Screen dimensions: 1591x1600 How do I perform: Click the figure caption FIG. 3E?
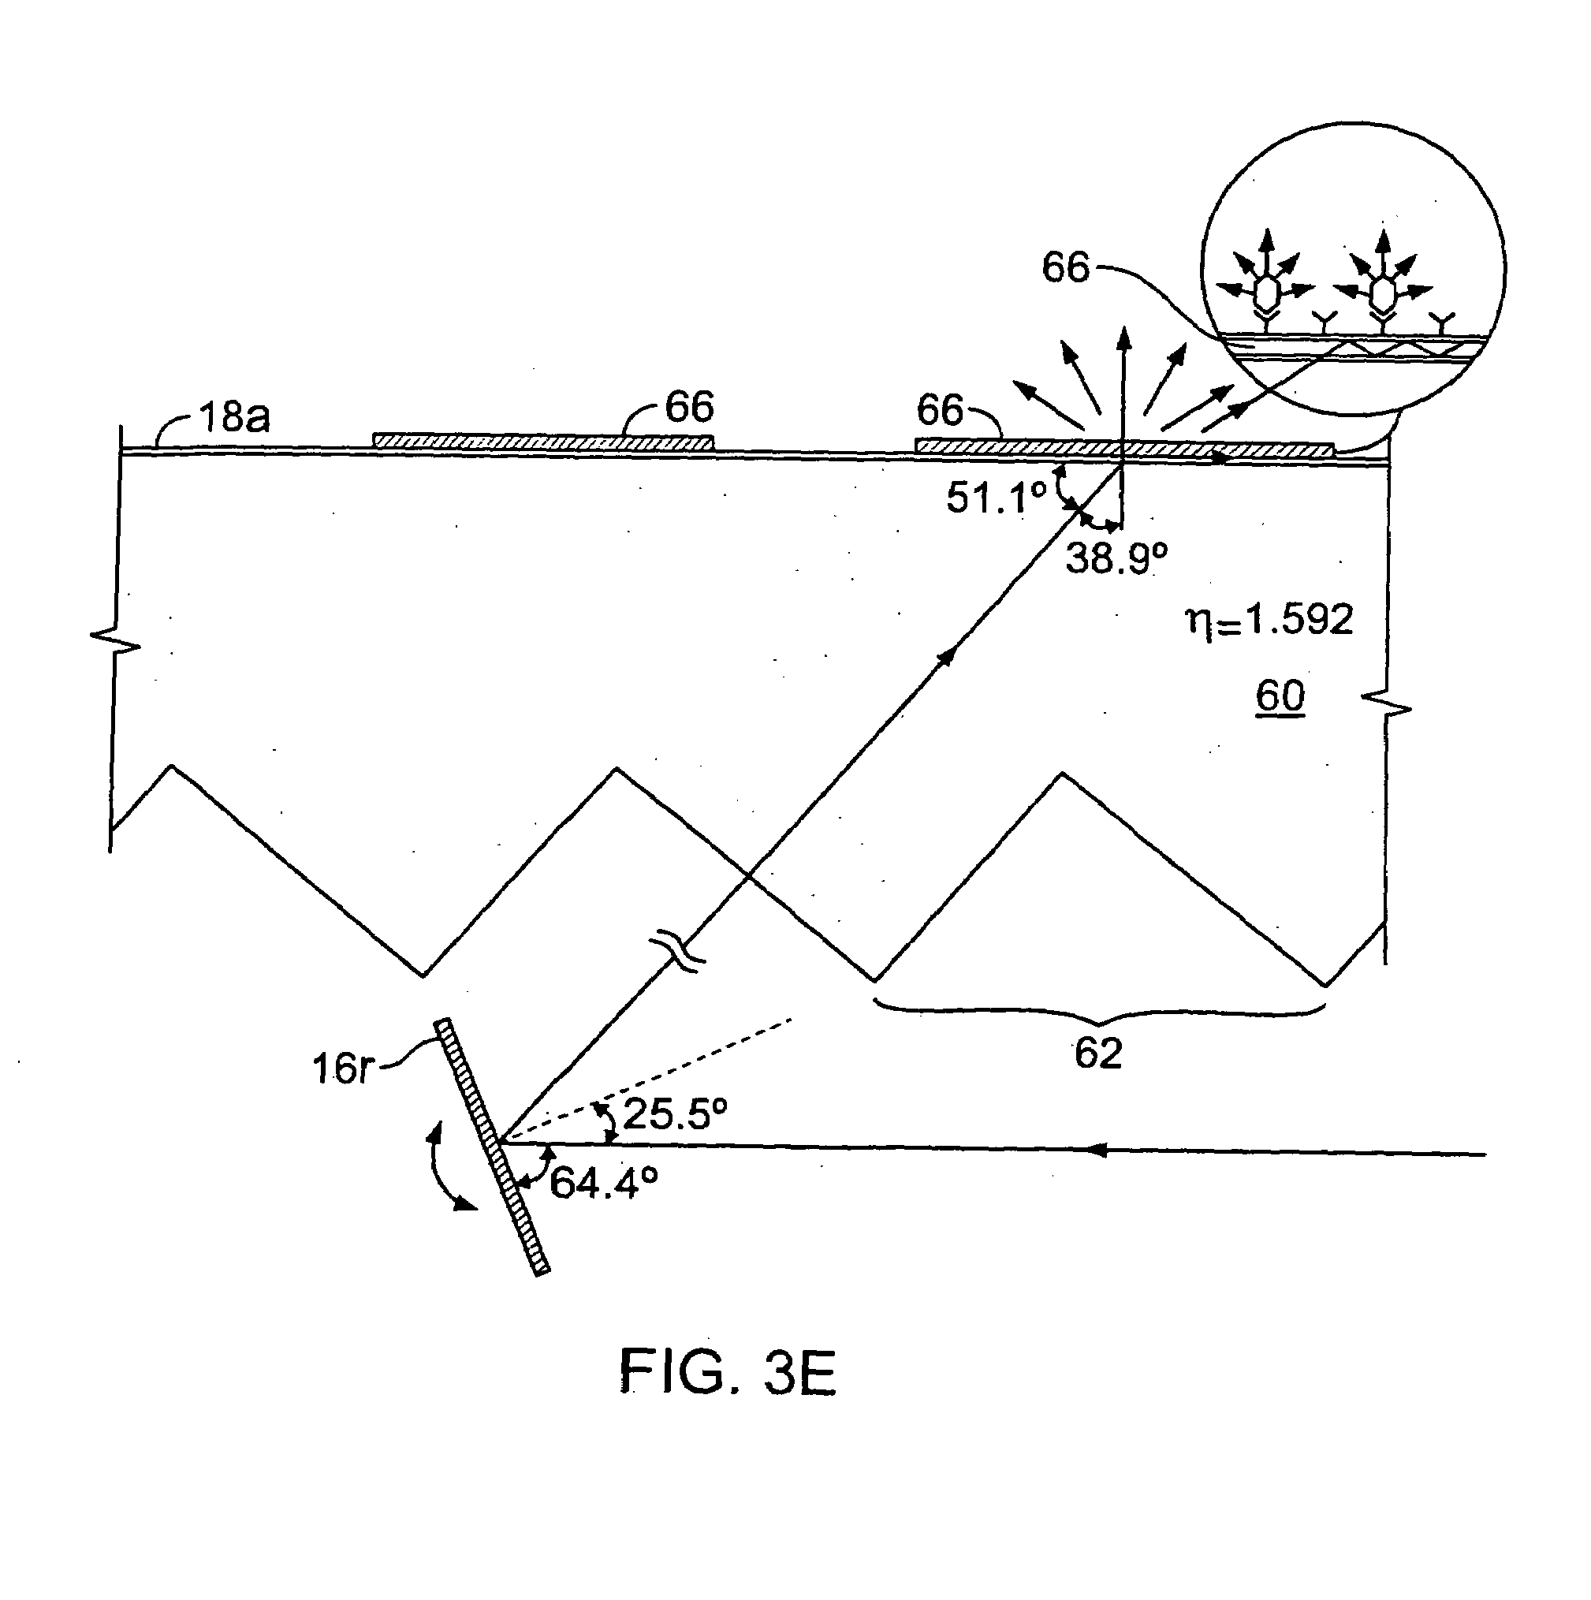(x=728, y=1373)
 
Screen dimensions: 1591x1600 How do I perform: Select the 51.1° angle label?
(x=996, y=498)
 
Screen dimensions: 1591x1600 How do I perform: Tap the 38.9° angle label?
(x=1116, y=558)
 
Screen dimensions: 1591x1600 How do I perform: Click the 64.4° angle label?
(x=603, y=1183)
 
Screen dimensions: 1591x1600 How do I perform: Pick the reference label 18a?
(x=233, y=416)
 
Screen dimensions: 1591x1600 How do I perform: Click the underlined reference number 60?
(x=1280, y=696)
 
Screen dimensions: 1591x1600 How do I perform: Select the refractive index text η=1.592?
(x=1270, y=621)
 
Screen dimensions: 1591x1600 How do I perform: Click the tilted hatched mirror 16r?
(x=492, y=1147)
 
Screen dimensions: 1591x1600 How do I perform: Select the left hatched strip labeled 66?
(x=542, y=442)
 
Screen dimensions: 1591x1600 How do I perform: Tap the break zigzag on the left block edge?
(x=115, y=640)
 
